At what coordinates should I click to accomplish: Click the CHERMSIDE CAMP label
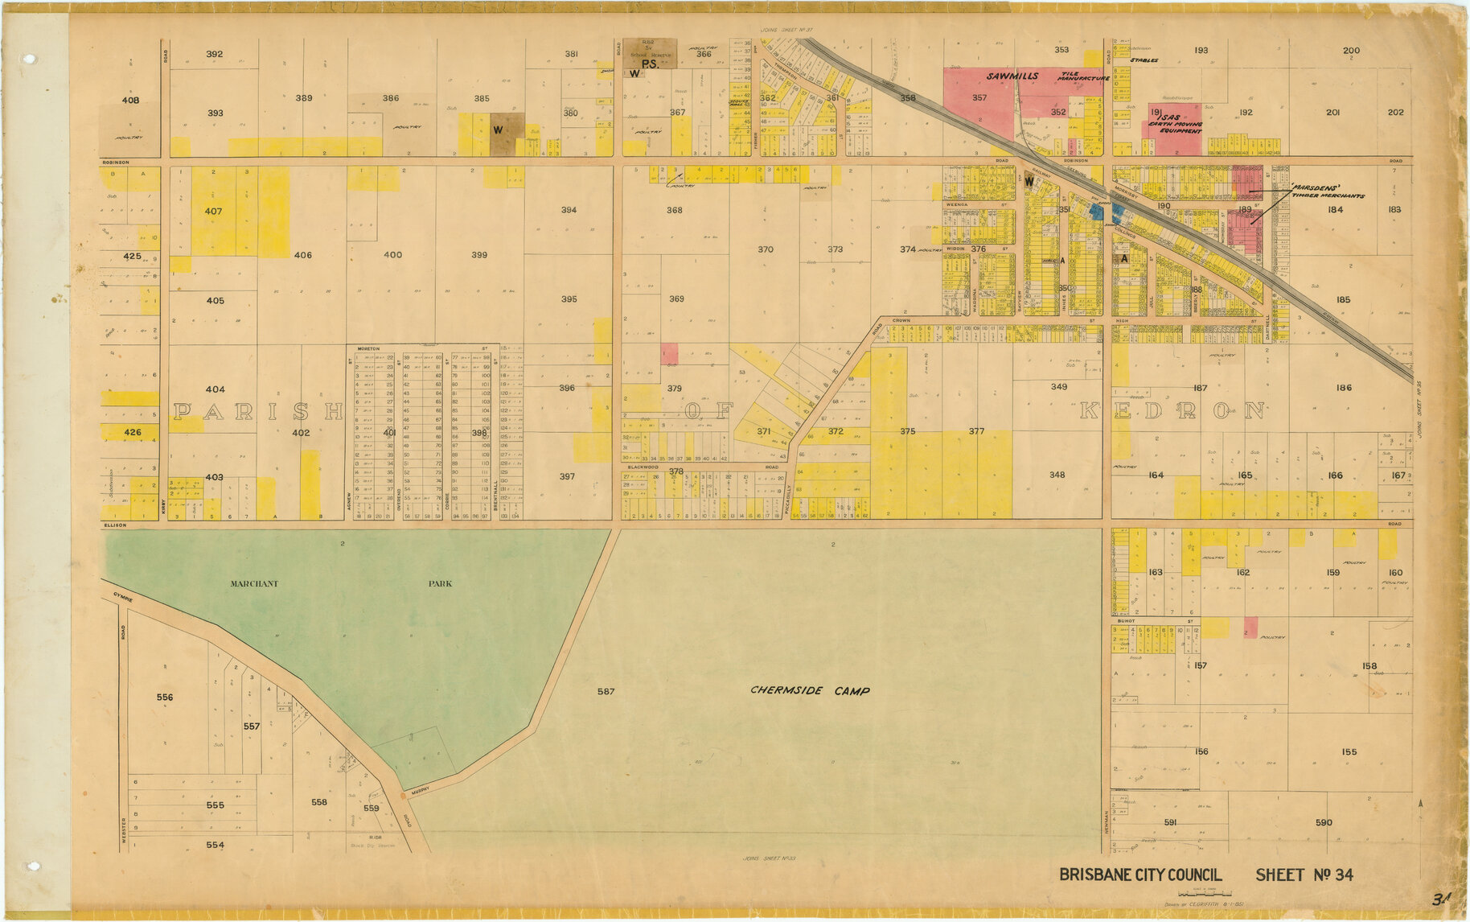(x=810, y=690)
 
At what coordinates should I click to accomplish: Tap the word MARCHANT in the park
(x=254, y=583)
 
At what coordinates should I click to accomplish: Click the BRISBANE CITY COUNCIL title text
(x=1140, y=875)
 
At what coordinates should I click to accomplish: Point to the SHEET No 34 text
(x=1304, y=875)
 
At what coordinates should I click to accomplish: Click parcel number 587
(x=606, y=691)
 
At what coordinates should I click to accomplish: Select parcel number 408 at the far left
(x=130, y=101)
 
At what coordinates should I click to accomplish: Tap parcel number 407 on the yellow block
(x=213, y=211)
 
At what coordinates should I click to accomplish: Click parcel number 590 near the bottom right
(x=1324, y=822)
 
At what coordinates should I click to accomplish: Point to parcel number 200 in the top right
(x=1352, y=51)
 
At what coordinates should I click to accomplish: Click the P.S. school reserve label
(x=650, y=64)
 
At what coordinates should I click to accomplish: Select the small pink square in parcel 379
(x=669, y=353)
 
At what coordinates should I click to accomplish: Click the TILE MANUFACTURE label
(x=1083, y=76)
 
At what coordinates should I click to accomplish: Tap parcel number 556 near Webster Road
(x=165, y=698)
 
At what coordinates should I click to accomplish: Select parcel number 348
(x=1057, y=475)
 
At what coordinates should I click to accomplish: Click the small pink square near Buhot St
(x=1250, y=627)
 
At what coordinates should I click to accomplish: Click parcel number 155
(x=1349, y=752)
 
